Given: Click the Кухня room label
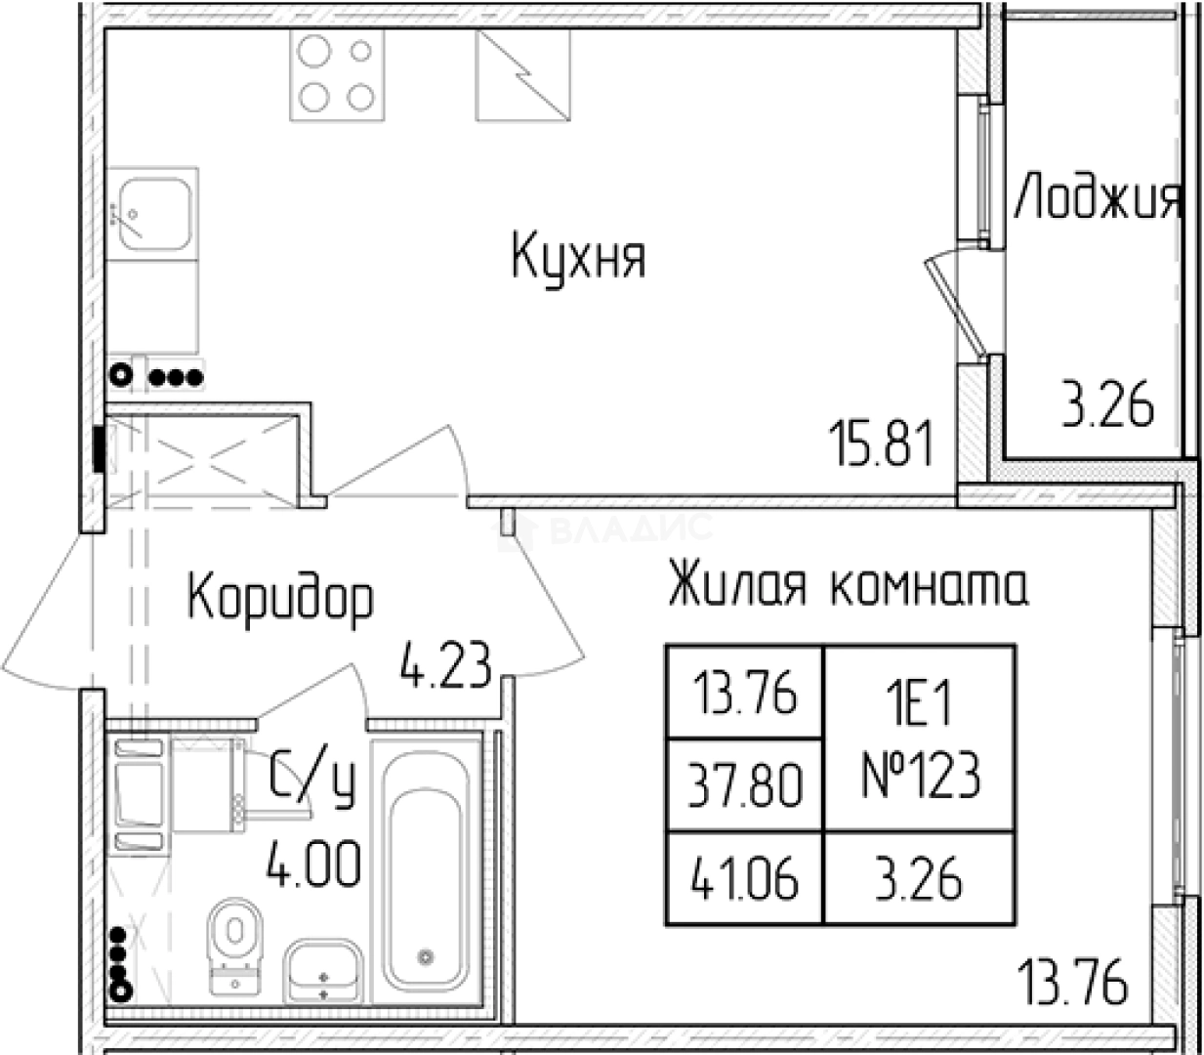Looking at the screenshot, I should [x=578, y=256].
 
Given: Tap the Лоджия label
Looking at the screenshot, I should [x=1098, y=198].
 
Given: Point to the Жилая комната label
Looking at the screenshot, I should [x=848, y=586].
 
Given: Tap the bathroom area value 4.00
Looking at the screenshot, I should [x=313, y=865].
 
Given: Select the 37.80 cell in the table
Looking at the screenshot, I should [x=745, y=785].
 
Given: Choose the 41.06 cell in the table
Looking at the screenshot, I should [x=745, y=879].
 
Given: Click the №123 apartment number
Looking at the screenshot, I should [x=920, y=779].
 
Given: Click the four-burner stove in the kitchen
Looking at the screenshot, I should [x=336, y=74].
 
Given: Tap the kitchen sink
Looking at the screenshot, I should [x=152, y=213].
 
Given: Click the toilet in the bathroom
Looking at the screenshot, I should [x=235, y=939].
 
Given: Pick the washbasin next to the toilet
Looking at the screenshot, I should [x=322, y=970].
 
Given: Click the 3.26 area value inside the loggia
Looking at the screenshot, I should [x=1107, y=405].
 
